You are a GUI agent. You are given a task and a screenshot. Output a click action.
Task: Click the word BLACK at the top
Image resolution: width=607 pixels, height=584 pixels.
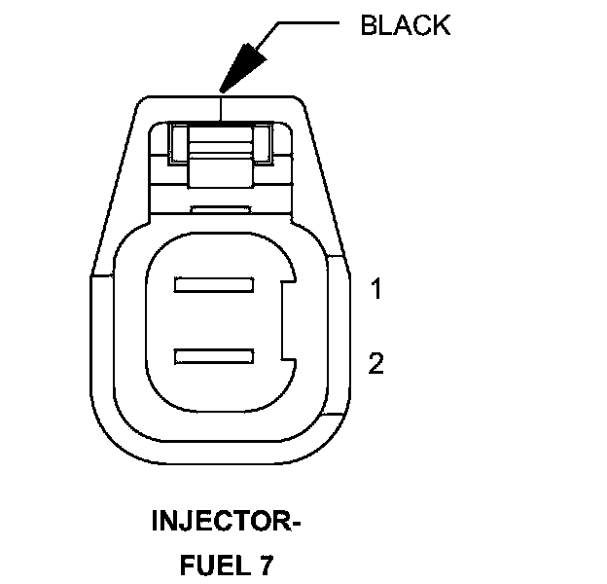click(405, 25)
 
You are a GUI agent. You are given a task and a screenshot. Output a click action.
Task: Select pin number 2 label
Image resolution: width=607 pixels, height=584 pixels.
click(376, 364)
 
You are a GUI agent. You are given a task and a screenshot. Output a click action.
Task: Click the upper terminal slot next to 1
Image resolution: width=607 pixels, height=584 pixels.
click(214, 286)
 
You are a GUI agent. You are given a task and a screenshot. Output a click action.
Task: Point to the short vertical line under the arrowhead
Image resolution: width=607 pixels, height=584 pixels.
click(222, 104)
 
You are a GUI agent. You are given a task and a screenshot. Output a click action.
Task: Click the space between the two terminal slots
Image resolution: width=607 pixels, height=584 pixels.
click(214, 322)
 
